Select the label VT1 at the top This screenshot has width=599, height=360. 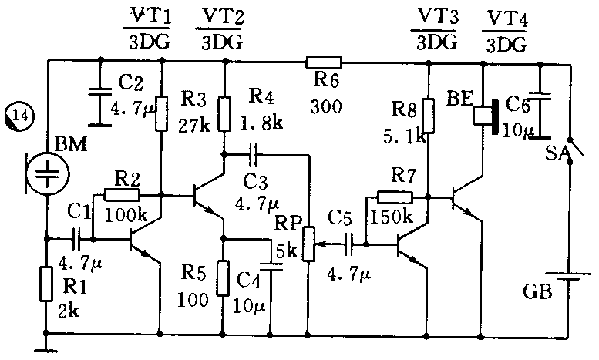tap(145, 15)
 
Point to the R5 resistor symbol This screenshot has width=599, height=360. tap(224, 278)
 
